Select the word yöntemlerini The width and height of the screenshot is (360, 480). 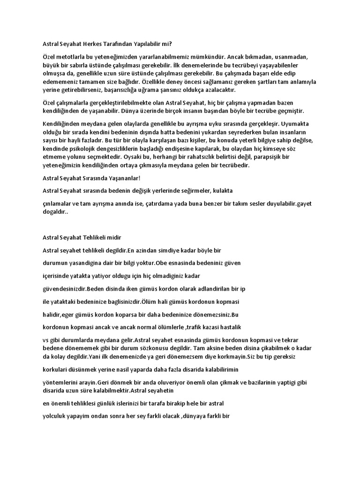(60, 382)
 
